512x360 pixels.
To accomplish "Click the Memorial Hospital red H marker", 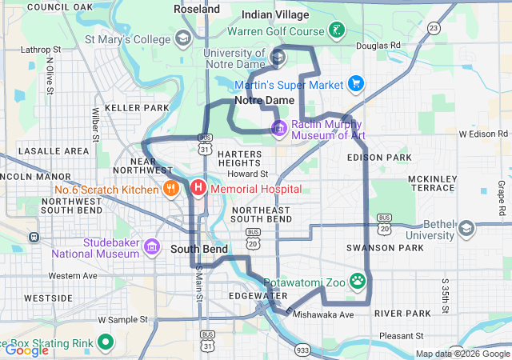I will tap(198, 189).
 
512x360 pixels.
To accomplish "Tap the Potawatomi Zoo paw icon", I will tap(358, 282).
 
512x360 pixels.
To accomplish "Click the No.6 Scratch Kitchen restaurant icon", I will tap(170, 189).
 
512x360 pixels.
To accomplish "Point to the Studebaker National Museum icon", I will tap(152, 247).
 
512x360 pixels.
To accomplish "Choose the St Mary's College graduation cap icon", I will tap(183, 38).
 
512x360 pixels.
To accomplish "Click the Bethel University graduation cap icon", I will tap(466, 229).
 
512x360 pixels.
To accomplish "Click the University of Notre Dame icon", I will tap(278, 57).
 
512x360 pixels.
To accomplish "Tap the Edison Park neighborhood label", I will tap(379, 158).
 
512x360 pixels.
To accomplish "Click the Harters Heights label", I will tap(239, 158).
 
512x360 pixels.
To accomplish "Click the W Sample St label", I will tap(124, 319).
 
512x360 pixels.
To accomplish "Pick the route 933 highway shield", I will tap(303, 350).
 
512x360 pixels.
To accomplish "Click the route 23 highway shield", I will tap(434, 28).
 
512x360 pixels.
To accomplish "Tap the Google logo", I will tap(26, 350).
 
